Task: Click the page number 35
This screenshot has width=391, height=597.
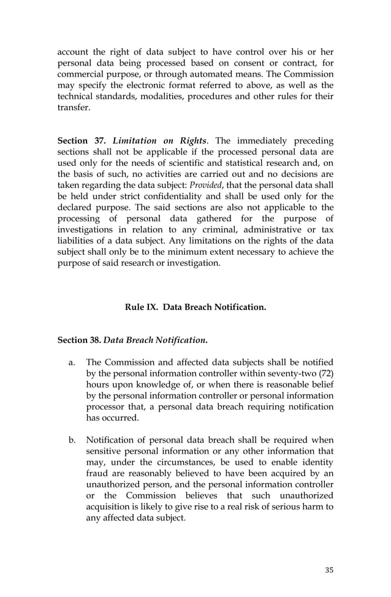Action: pyautogui.click(x=329, y=570)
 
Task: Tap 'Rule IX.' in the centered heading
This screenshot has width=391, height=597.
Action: pyautogui.click(x=142, y=307)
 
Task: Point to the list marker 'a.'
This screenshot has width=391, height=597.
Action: pyautogui.click(x=72, y=362)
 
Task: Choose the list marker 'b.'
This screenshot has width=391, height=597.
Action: pyautogui.click(x=72, y=440)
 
